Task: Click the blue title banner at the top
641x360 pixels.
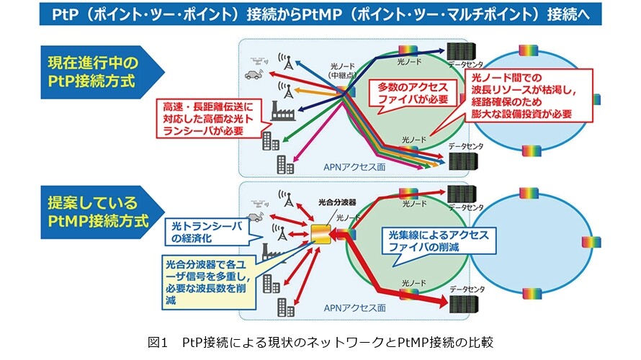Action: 320,14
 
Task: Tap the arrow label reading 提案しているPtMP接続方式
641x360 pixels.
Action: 98,212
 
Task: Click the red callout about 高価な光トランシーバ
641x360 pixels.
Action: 208,119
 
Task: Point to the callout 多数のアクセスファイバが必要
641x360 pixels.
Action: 413,94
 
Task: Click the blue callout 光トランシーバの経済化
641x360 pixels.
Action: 207,232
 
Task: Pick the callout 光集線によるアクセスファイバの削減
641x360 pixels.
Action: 438,241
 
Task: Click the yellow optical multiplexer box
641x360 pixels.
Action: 321,235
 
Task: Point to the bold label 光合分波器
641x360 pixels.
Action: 337,202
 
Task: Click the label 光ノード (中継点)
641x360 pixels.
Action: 343,71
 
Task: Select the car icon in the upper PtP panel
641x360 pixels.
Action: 254,75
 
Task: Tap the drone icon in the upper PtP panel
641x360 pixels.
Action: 259,61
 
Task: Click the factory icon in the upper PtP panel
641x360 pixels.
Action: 283,111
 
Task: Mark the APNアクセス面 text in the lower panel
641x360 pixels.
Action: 354,307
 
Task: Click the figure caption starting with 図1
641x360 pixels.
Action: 320,341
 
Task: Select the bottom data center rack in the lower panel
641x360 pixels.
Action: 463,304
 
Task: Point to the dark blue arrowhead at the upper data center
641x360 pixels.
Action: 441,50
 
